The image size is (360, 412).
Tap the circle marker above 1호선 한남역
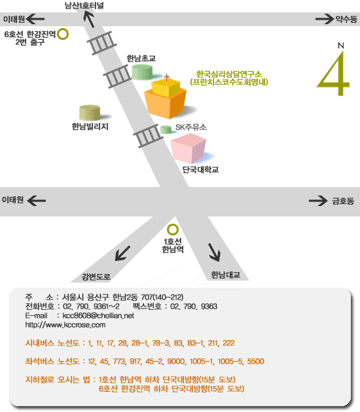point(173,225)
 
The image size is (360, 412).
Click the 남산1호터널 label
point(84,5)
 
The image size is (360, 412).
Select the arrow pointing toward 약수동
point(324,19)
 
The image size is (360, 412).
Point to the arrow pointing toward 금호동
point(318,201)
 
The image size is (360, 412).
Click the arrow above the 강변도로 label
point(122,253)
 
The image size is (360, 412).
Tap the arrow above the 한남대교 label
point(214,252)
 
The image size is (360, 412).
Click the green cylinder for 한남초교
point(142,72)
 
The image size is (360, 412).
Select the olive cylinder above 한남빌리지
point(90,112)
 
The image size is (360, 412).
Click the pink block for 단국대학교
point(189,148)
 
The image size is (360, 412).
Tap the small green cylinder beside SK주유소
point(166,129)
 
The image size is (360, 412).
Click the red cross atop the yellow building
point(166,77)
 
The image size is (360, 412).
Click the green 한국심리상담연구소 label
point(229,74)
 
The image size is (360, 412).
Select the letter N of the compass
point(341,46)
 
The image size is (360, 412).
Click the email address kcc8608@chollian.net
point(98,316)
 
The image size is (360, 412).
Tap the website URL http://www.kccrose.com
point(65,325)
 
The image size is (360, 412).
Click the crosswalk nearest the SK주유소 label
point(148,135)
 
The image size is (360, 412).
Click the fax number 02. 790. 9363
point(194,306)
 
